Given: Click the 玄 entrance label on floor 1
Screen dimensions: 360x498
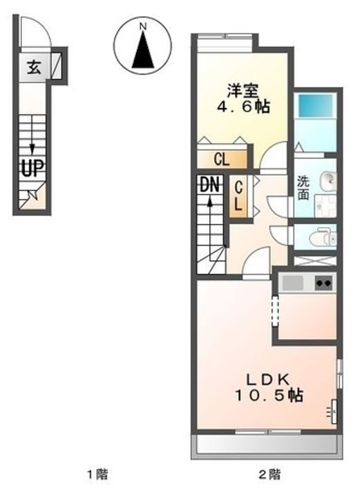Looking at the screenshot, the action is coord(34,67).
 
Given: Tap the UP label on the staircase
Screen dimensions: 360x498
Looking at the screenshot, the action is coord(32,167).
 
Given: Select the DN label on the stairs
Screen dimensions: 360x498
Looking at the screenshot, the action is coord(210,184).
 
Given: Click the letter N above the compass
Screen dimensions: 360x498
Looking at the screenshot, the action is coord(143,27).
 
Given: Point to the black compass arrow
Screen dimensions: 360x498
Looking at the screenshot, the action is coord(143,50).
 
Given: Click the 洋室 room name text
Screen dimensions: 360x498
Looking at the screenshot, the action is coord(243,91).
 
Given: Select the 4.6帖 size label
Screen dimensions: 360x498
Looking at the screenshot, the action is coord(243,107).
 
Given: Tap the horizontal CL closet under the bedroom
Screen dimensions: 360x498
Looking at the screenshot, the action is coord(222,159).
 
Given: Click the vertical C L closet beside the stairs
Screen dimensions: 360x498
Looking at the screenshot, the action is coord(238,197).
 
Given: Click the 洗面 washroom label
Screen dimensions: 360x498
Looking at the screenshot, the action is coord(303,187).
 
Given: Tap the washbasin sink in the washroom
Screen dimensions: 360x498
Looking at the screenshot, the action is coord(329,181).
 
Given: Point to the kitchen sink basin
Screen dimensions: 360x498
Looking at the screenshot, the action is coord(293,282).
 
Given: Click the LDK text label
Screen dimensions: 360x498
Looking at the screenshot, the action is coord(268,379).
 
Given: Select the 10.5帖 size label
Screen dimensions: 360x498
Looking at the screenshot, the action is coord(269,396).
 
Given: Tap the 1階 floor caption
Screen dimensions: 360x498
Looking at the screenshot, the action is coord(97,474).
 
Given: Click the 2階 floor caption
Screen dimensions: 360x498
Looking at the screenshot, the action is coord(269,474).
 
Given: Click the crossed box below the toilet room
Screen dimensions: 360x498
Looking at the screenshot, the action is coord(315,261).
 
